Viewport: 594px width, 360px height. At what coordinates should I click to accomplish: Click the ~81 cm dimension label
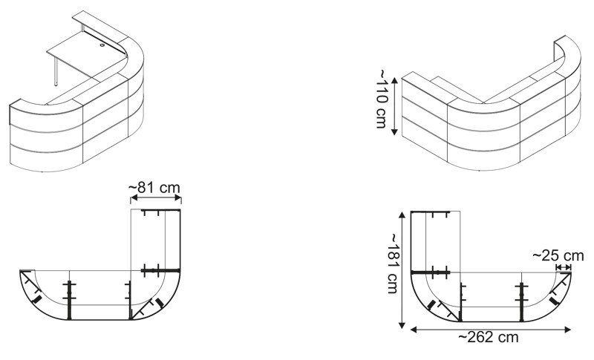click(x=154, y=188)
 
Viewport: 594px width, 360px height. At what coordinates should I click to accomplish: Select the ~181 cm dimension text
click(x=394, y=263)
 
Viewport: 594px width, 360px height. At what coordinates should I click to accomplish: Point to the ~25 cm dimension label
click(x=558, y=255)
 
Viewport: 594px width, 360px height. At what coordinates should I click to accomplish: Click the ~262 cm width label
click(x=489, y=336)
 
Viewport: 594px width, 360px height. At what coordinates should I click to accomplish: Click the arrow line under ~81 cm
click(x=156, y=197)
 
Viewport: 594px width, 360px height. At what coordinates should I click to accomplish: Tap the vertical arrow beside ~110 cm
click(x=394, y=106)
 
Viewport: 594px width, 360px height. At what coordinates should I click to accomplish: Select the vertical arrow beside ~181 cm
click(x=402, y=269)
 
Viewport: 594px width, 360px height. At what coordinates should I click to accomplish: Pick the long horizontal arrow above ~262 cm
click(x=491, y=330)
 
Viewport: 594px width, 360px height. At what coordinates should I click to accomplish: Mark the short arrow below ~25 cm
click(x=564, y=267)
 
